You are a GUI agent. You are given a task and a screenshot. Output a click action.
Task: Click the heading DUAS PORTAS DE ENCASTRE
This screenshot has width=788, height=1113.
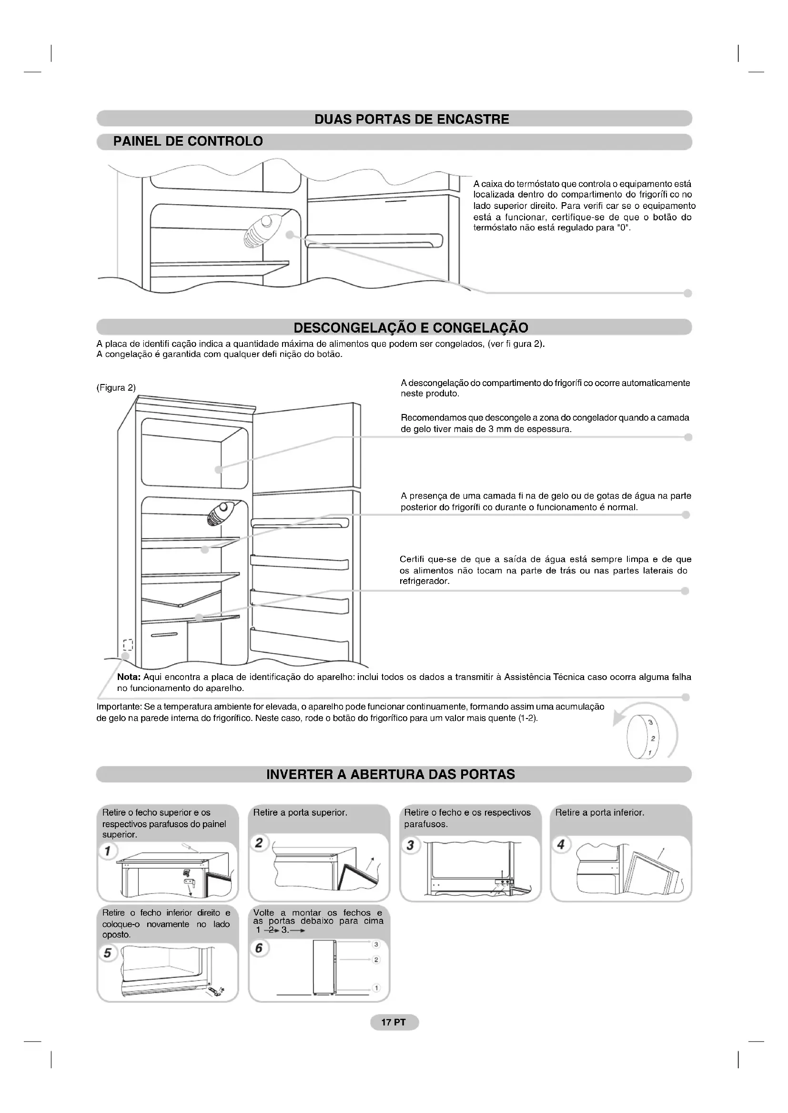tap(412, 119)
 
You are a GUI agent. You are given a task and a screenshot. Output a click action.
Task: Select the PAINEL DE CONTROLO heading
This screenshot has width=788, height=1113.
tap(188, 141)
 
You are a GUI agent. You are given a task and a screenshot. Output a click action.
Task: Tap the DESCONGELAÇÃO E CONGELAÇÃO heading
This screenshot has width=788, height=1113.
tap(411, 328)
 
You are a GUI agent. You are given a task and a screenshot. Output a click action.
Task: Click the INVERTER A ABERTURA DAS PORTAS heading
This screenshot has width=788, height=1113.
tap(391, 774)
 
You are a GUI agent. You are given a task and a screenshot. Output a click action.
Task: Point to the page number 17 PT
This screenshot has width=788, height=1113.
tap(394, 1022)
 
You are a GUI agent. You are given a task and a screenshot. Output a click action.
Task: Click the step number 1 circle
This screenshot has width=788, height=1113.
tap(108, 851)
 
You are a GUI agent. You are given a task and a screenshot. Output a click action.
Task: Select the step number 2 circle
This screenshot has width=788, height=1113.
tap(259, 843)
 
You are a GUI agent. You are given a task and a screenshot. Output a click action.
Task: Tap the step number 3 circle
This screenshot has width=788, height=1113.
tap(411, 845)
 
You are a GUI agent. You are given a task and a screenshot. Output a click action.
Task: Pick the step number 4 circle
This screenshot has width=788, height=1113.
tap(561, 845)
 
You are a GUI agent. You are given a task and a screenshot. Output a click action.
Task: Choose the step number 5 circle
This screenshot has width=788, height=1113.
tap(108, 953)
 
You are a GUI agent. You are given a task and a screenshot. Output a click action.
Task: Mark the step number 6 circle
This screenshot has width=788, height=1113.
tap(259, 948)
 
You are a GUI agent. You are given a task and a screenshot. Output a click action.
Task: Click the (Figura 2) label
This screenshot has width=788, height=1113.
tap(116, 388)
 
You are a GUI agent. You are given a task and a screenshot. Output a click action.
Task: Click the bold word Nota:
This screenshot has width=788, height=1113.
tap(129, 677)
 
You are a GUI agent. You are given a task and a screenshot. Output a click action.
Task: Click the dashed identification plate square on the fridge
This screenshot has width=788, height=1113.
tap(128, 645)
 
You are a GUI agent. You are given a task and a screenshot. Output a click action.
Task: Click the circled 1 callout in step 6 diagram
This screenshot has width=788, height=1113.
tap(375, 988)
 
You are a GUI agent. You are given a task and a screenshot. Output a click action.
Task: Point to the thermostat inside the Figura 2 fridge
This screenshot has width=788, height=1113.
tap(221, 513)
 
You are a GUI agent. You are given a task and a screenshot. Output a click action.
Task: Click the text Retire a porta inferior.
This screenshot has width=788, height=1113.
tap(600, 813)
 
